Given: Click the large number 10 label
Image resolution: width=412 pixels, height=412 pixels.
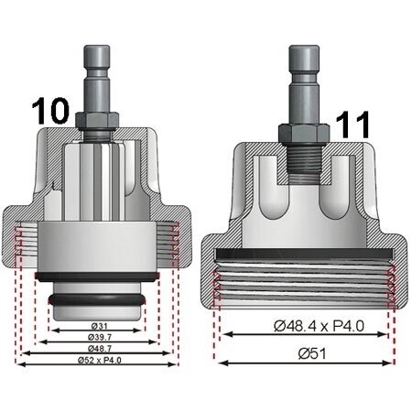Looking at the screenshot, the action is tap(50, 112).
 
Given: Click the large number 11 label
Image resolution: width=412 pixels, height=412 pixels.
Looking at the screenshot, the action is tap(352, 125).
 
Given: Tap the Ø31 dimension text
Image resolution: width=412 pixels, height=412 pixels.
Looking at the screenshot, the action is tap(100, 326).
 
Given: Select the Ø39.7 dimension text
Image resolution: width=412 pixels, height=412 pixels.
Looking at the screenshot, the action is tap(100, 337).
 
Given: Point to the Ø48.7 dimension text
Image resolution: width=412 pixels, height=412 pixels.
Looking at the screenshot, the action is tap(100, 349).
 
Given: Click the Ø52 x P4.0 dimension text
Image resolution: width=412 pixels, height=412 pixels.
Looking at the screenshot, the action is tap(100, 360).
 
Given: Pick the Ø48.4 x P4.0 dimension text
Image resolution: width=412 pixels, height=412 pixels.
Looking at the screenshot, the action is tap(319, 326).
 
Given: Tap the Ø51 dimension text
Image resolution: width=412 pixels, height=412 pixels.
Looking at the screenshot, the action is tap(312, 353).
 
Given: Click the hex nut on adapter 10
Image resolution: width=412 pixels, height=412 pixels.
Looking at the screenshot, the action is tap(97, 120).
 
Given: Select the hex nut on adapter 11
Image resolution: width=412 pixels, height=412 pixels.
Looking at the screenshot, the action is tap(304, 134).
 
